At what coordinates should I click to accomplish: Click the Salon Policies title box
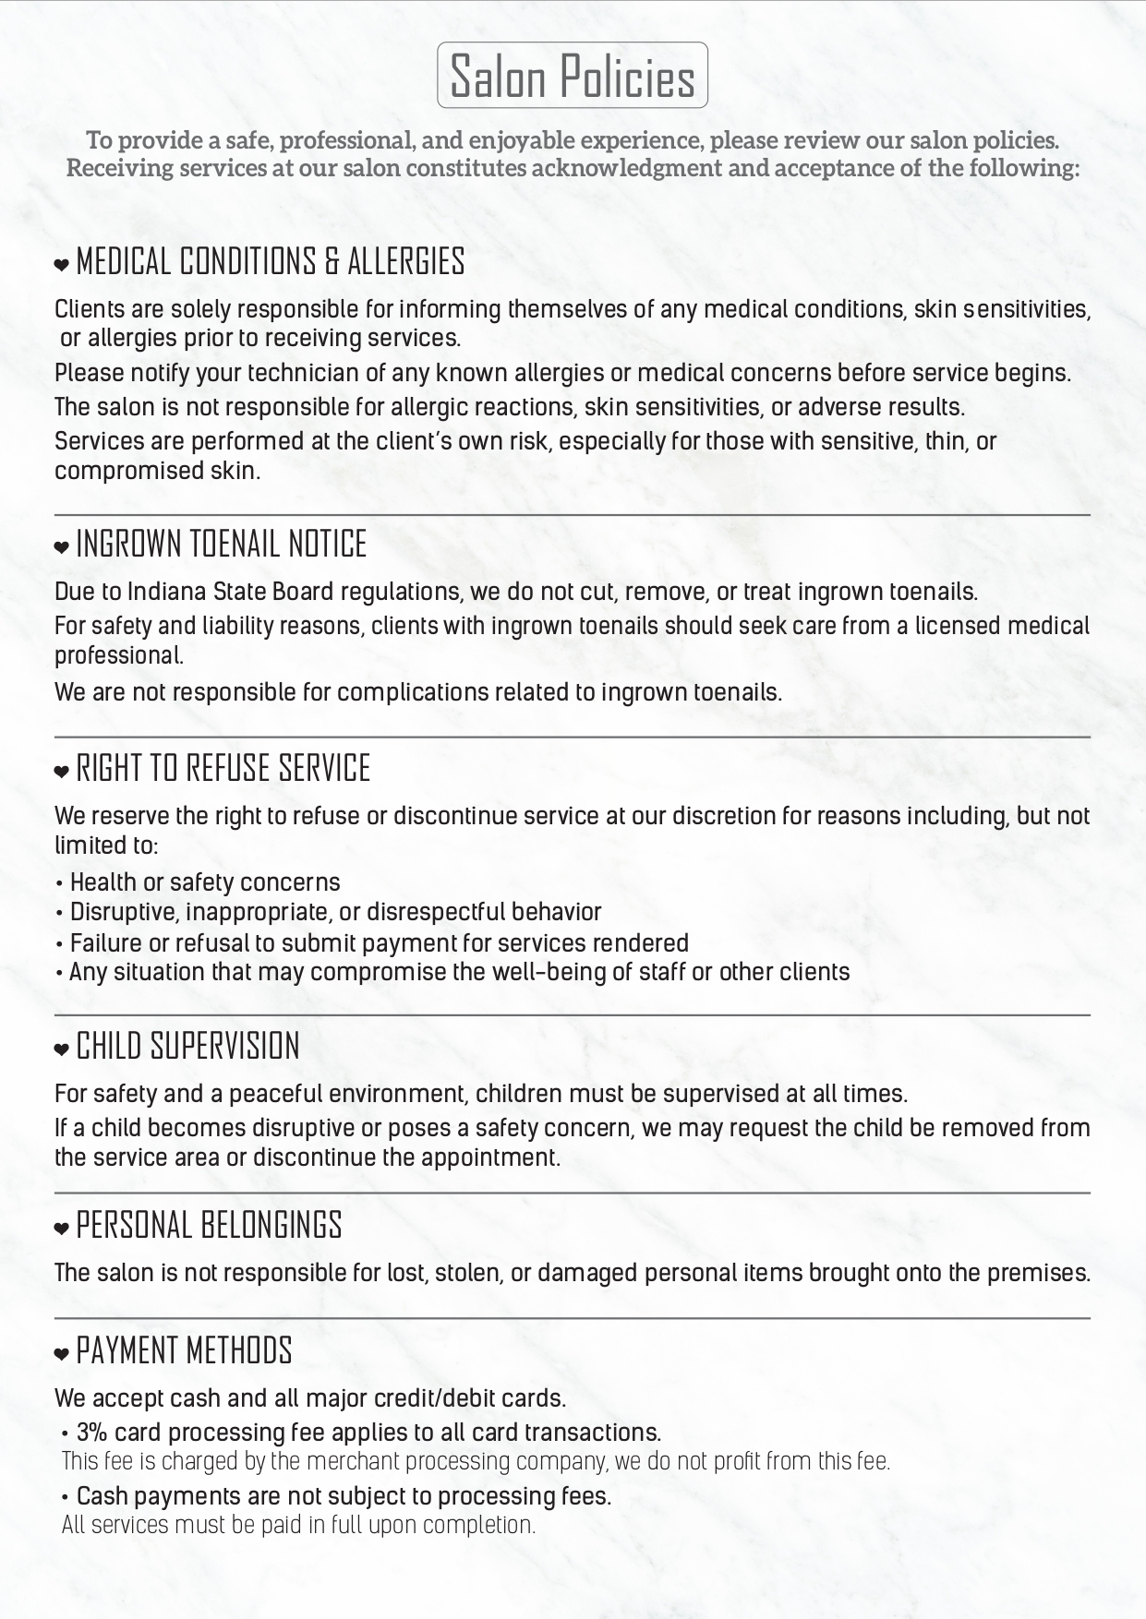573,76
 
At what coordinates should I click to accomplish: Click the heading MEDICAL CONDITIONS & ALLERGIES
270,263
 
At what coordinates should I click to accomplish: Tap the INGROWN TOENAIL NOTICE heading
221,545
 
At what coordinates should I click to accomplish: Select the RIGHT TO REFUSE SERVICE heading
223,769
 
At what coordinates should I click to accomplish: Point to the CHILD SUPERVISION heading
187,1047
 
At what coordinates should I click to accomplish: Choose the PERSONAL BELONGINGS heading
209,1226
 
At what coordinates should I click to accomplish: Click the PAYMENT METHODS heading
184,1351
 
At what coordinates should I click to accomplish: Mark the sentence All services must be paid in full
298,1525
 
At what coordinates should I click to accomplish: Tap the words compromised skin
157,471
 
